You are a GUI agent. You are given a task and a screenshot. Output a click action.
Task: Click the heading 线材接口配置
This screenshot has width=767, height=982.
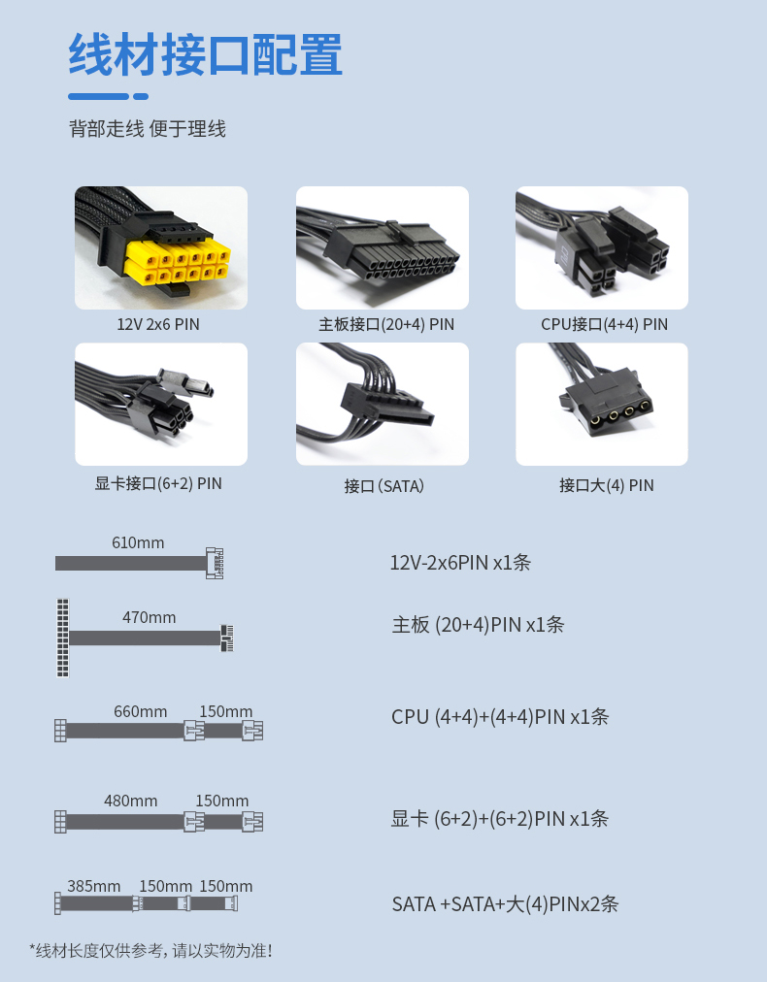click(x=206, y=55)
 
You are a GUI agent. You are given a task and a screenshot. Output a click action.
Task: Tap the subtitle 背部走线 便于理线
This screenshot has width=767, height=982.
click(x=148, y=129)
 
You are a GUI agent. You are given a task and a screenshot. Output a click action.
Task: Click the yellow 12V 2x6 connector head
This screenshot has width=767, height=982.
click(x=178, y=263)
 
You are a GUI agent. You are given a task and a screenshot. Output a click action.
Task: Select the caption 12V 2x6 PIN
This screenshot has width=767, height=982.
click(x=158, y=324)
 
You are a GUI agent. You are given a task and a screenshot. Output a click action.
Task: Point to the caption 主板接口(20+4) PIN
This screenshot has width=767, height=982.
click(x=386, y=324)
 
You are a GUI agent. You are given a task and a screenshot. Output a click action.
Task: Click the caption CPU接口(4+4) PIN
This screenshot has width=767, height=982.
click(x=605, y=324)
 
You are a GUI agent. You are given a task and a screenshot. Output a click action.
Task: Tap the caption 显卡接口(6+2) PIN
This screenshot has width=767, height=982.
click(x=158, y=483)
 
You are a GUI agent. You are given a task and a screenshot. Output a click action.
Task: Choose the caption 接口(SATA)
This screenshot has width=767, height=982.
click(x=384, y=486)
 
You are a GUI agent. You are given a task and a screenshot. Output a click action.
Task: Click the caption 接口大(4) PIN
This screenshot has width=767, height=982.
click(x=607, y=485)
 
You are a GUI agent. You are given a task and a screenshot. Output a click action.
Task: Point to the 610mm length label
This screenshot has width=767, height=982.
click(x=138, y=542)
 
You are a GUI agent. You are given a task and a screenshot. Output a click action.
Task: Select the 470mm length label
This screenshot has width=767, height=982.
click(x=150, y=617)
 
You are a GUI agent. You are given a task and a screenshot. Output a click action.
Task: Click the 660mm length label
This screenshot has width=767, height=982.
click(x=141, y=711)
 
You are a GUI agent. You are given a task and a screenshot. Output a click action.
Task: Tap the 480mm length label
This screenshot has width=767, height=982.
click(x=130, y=801)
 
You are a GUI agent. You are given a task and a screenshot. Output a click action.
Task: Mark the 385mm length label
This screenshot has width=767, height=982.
click(x=94, y=886)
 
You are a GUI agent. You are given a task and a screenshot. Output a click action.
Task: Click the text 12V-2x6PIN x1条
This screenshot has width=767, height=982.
click(x=460, y=563)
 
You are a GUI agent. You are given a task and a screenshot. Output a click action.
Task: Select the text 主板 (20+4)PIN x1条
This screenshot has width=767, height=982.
click(x=478, y=624)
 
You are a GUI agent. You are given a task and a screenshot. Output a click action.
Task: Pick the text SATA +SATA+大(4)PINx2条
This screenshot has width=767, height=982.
click(x=505, y=903)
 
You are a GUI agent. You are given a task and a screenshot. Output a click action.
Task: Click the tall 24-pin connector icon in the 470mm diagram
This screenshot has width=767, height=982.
click(x=63, y=638)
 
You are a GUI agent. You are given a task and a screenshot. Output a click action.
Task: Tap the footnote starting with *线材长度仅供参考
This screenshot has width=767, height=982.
click(x=151, y=951)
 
